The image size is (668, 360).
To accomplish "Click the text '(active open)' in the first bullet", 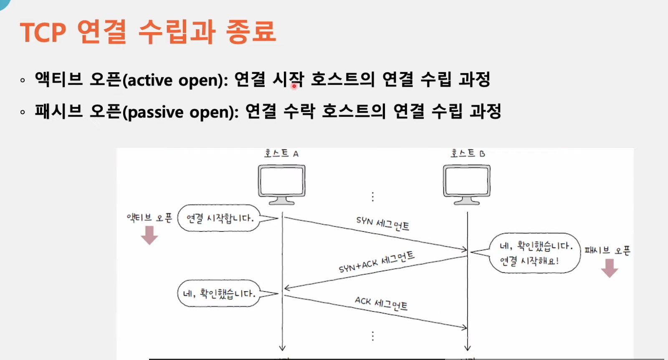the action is pos(175,80).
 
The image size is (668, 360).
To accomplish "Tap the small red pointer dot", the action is pos(294,86).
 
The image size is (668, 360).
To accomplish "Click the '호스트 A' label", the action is pos(281,153).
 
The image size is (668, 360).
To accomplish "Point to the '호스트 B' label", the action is pos(468,153).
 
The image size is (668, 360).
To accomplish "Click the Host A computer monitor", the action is pos(281,185).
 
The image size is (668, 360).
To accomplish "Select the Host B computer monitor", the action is pos(467,185).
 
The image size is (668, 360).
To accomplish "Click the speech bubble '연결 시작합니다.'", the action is pos(220,218).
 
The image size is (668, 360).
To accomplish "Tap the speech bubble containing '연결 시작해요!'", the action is pos(534,253).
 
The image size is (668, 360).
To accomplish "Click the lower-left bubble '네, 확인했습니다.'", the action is pos(220,294).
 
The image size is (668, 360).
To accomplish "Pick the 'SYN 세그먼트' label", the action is pos(382,224).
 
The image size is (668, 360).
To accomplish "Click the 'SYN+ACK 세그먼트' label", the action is pos(377,262).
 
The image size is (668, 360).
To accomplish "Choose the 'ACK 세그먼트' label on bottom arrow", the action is pos(381,304).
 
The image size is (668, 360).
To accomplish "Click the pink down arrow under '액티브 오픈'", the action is pos(149,235).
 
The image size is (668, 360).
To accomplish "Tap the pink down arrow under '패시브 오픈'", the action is pos(610,268).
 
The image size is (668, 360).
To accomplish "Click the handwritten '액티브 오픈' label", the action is pos(149,218).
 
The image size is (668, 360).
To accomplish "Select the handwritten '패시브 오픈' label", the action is pos(607,250).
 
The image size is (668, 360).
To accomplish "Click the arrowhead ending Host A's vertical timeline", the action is pos(282,348).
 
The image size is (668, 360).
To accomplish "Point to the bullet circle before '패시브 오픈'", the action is pos(23,112).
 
